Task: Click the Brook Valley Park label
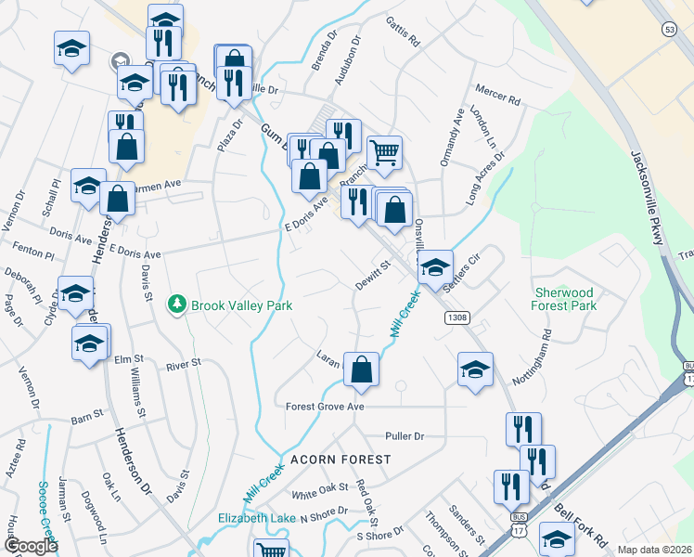pyautogui.click(x=241, y=304)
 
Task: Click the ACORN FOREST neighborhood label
pyautogui.click(x=341, y=460)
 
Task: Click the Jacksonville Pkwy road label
pyautogui.click(x=649, y=199)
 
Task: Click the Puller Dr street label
pyautogui.click(x=405, y=435)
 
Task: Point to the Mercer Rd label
pyautogui.click(x=498, y=95)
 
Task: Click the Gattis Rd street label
pyautogui.click(x=404, y=32)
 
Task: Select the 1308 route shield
pyautogui.click(x=456, y=317)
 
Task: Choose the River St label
pyautogui.click(x=183, y=365)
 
